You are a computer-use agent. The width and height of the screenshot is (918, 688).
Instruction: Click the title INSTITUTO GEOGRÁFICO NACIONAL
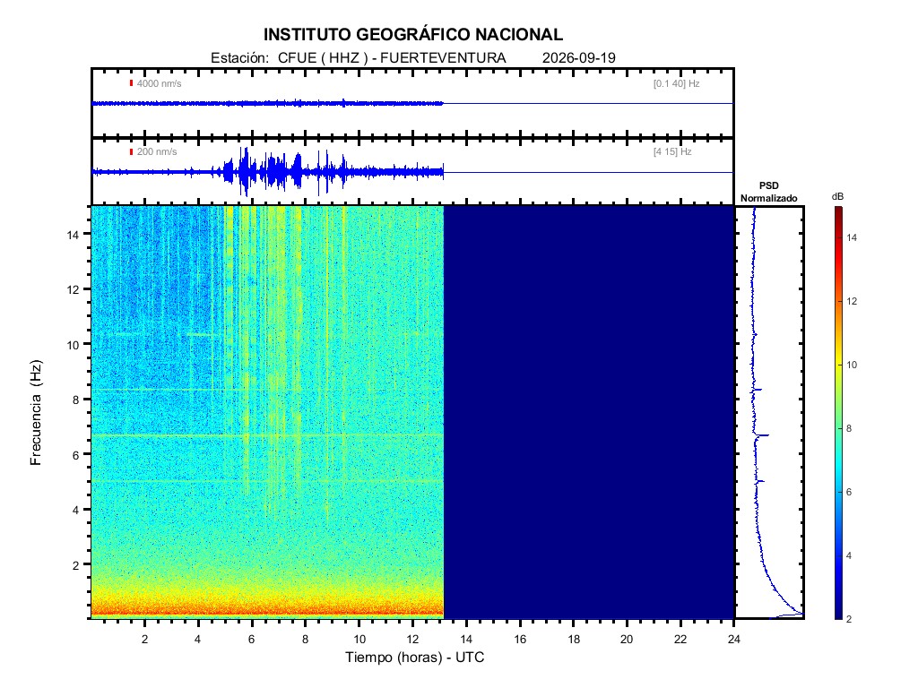(x=412, y=35)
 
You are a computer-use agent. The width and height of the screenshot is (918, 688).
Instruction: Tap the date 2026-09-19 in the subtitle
(x=578, y=58)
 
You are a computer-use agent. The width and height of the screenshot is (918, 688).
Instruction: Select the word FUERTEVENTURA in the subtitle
(x=443, y=58)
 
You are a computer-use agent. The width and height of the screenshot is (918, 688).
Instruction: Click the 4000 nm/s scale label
(x=159, y=83)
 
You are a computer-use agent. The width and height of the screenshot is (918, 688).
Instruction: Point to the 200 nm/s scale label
(x=156, y=152)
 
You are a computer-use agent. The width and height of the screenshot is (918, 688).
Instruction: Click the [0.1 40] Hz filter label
(x=676, y=83)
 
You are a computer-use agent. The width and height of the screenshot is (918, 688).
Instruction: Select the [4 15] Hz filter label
(x=672, y=152)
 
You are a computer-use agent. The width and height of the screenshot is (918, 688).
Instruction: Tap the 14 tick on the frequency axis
(x=73, y=234)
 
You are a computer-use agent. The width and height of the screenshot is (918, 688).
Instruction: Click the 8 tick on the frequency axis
(x=75, y=400)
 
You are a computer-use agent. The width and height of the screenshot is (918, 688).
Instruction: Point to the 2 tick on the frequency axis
(x=75, y=565)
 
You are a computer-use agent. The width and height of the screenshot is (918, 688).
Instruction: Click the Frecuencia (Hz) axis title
(x=36, y=413)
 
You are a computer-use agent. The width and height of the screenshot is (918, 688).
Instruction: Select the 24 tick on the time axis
(x=733, y=640)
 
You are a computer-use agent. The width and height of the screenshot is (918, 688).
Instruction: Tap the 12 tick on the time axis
(x=412, y=640)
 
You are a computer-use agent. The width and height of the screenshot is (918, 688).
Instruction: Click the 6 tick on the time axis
(x=252, y=640)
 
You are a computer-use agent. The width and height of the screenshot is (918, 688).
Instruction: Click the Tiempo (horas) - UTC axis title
(x=414, y=658)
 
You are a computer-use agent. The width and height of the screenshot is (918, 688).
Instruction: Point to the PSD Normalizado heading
(x=768, y=192)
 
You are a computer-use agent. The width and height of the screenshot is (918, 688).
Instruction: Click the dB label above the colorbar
(x=838, y=197)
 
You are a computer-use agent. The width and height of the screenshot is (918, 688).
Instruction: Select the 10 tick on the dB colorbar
(x=852, y=365)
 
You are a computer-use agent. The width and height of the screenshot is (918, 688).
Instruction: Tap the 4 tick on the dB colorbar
(x=849, y=555)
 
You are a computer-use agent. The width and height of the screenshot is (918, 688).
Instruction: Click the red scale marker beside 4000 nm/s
(x=131, y=83)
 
